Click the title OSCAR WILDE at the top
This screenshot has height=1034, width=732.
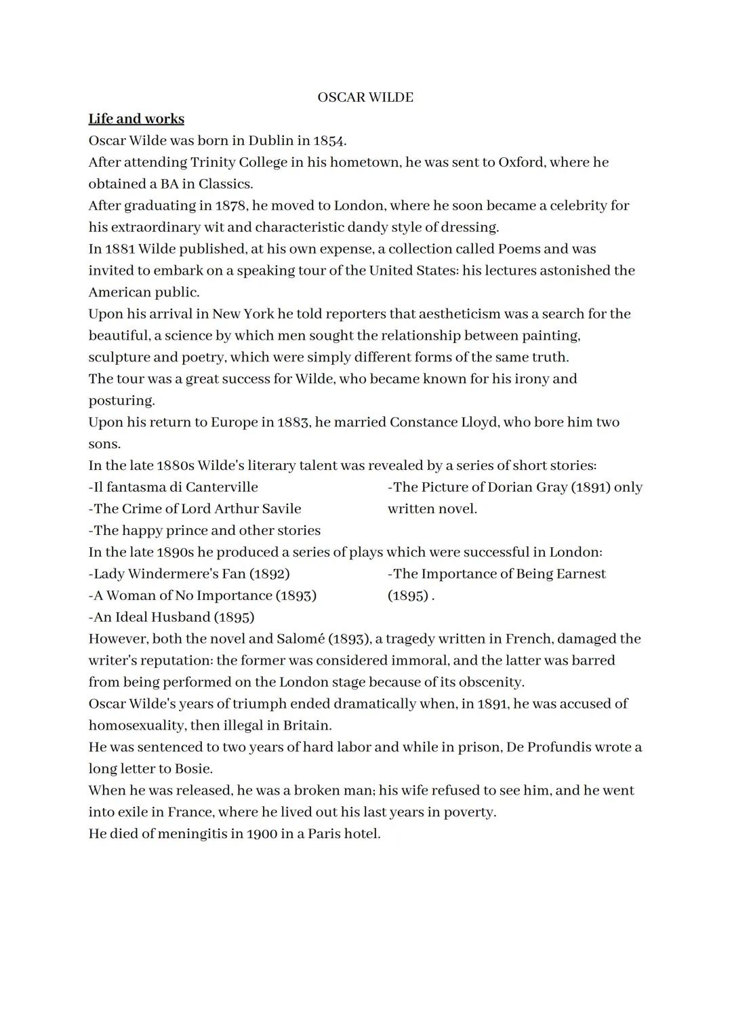tap(365, 98)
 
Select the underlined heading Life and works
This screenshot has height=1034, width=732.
tap(136, 119)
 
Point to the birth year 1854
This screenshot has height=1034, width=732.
tap(329, 141)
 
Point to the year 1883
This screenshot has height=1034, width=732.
tap(293, 422)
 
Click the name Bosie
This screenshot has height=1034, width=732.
tap(193, 770)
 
